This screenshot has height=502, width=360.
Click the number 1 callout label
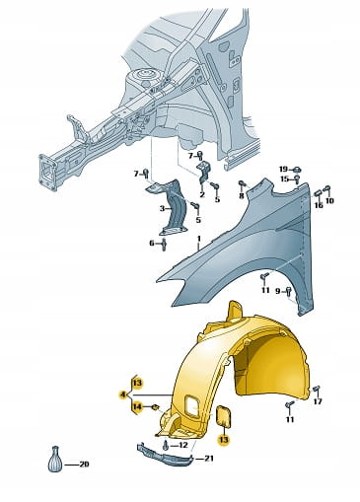[198, 238]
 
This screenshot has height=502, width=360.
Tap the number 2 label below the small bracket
[202, 194]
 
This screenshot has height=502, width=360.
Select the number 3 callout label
[163, 208]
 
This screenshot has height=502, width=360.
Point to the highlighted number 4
[123, 394]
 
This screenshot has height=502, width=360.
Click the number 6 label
[152, 244]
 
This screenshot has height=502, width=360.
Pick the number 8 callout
[242, 196]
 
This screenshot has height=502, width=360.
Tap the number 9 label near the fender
[278, 291]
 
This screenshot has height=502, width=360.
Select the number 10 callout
[329, 200]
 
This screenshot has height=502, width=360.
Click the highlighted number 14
[137, 407]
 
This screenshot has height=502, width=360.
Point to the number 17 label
[318, 401]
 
